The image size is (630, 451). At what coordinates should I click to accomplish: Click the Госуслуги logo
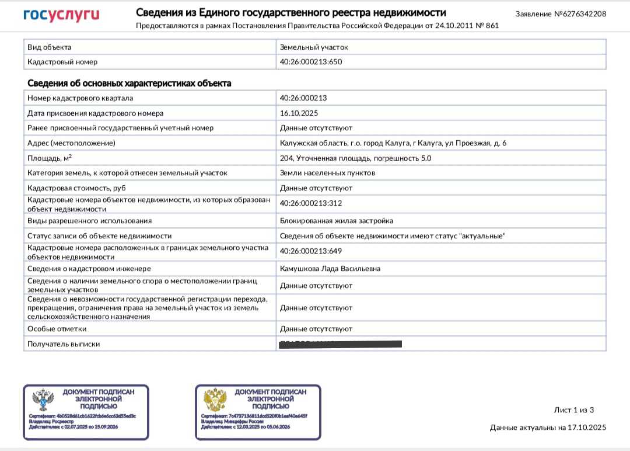[61, 15]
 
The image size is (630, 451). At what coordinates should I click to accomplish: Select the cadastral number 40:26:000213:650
[311, 61]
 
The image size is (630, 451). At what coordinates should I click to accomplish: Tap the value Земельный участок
[314, 47]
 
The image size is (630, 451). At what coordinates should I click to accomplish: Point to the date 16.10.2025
[299, 113]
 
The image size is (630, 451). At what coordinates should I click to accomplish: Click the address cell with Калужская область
[393, 143]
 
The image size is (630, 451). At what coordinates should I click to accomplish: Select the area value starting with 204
[355, 158]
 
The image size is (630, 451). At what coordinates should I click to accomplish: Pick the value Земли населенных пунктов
[327, 173]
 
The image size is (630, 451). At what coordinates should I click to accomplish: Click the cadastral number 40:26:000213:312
[311, 203]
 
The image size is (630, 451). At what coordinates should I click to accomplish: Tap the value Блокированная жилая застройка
[337, 221]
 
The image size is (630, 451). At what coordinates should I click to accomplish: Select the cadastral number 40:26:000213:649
[311, 251]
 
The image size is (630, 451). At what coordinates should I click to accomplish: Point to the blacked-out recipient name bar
[341, 344]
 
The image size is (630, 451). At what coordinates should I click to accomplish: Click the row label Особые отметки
[57, 329]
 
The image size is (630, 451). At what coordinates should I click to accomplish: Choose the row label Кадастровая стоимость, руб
[76, 188]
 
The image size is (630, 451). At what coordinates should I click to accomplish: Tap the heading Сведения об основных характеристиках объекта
[129, 84]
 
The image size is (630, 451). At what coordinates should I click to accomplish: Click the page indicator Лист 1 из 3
[573, 410]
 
